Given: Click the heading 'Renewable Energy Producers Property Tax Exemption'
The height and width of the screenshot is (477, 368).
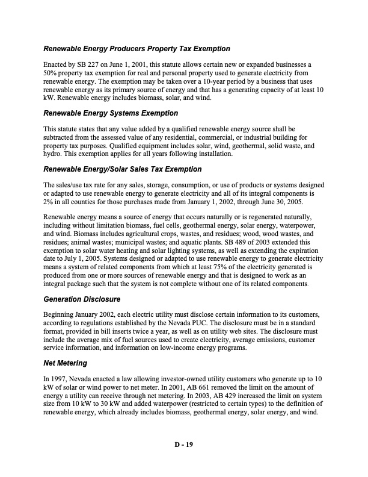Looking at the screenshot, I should pyautogui.click(x=136, y=48).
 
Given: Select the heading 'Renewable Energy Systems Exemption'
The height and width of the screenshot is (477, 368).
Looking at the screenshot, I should pyautogui.click(x=111, y=113).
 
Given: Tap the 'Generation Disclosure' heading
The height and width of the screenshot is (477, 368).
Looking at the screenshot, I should pyautogui.click(x=82, y=299).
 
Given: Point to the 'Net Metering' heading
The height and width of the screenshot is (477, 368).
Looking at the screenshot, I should pyautogui.click(x=66, y=363).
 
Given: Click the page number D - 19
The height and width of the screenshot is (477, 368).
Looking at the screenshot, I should pyautogui.click(x=183, y=444).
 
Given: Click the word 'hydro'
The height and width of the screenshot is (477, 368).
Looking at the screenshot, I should pyautogui.click(x=53, y=154).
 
